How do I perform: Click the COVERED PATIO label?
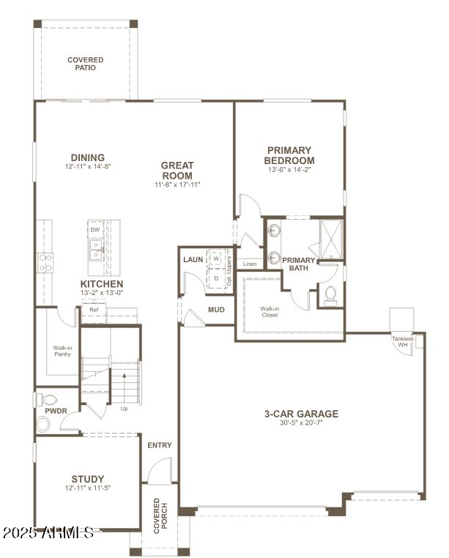[86, 64]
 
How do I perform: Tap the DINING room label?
[87, 157]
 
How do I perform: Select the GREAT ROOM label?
[177, 171]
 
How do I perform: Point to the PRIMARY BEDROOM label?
[289, 155]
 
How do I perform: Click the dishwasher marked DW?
[95, 230]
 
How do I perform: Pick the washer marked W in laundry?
[216, 258]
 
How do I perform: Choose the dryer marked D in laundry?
[216, 278]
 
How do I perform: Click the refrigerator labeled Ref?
[94, 310]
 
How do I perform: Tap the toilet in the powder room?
[48, 400]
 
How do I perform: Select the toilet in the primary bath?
[330, 294]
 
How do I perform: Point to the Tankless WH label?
[402, 341]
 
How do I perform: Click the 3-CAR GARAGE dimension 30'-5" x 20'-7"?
[301, 423]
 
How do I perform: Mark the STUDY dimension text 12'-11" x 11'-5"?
[87, 487]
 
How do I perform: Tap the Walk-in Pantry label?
[62, 351]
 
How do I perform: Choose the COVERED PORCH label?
[158, 516]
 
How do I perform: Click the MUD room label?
[216, 310]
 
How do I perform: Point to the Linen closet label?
[250, 264]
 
